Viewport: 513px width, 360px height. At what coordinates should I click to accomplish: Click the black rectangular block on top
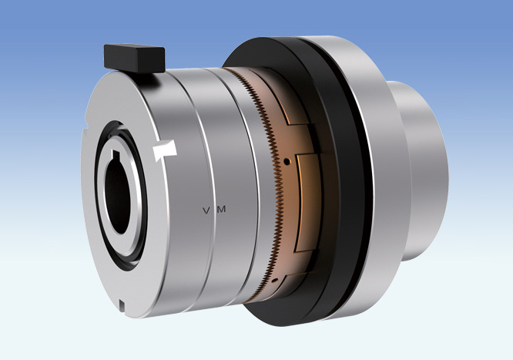(x=134, y=56)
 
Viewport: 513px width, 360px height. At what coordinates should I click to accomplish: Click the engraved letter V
(x=205, y=210)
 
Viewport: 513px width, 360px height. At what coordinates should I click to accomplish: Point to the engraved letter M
(x=222, y=209)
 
